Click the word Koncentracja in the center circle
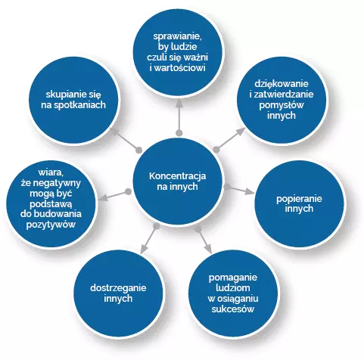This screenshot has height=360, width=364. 177,176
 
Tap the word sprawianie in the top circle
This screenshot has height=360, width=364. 178,36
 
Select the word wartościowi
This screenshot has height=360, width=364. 180,68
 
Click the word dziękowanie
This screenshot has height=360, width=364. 282,84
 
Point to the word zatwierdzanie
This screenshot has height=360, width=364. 284,95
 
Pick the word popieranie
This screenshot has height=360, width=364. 299,199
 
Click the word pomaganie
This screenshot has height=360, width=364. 233,278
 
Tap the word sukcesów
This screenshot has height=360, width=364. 233,309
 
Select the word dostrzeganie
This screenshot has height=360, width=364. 118,288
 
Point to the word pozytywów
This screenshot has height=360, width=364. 51,225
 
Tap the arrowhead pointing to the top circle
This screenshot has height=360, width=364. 179,103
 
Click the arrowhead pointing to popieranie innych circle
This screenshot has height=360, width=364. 250,192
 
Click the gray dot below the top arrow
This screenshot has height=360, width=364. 179,132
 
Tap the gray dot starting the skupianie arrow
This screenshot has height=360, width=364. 138,151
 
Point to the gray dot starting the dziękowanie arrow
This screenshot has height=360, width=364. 216,150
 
